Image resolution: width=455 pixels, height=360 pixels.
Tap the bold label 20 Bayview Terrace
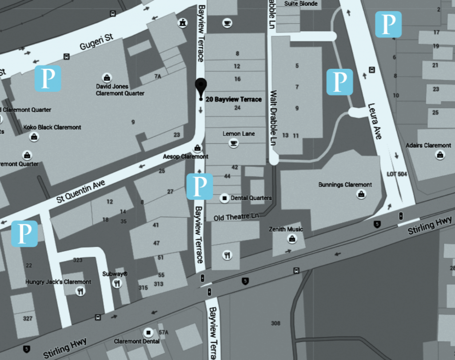[x=234, y=99]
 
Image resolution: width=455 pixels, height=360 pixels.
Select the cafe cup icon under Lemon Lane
[x=233, y=142]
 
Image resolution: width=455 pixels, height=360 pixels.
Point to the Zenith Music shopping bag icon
[x=292, y=239]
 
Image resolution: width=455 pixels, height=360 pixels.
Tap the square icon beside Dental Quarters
[x=224, y=198]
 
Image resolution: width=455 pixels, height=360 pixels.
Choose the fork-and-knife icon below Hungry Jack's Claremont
[x=80, y=291]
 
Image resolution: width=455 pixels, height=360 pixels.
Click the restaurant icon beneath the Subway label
[x=117, y=284]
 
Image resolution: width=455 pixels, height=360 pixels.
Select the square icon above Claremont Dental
[x=148, y=332]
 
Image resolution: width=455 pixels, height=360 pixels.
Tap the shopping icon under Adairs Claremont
[x=439, y=154]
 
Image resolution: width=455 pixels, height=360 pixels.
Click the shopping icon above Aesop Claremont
[x=196, y=148]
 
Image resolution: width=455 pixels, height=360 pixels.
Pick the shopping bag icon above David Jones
[x=106, y=77]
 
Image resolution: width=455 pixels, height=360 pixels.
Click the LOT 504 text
[x=397, y=174]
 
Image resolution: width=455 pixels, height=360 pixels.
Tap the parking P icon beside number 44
[x=200, y=186]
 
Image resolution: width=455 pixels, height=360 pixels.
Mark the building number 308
[x=275, y=323]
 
